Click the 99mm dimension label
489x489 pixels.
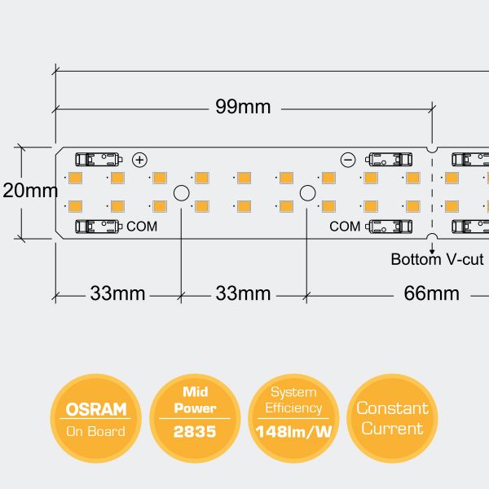[243, 108]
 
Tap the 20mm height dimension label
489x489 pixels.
[30, 192]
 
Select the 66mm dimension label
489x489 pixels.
[431, 293]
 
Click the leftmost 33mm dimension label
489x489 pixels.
[117, 293]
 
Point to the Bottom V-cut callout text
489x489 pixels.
[437, 260]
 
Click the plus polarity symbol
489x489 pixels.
[139, 160]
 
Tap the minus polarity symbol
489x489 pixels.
[348, 160]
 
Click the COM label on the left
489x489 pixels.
[142, 226]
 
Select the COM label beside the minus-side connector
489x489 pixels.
[344, 226]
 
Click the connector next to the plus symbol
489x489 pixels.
[97, 159]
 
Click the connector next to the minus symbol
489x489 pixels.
[389, 159]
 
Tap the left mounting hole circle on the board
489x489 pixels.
[181, 193]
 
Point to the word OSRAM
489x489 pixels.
[96, 409]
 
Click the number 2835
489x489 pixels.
[195, 431]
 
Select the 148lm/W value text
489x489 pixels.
[293, 432]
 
